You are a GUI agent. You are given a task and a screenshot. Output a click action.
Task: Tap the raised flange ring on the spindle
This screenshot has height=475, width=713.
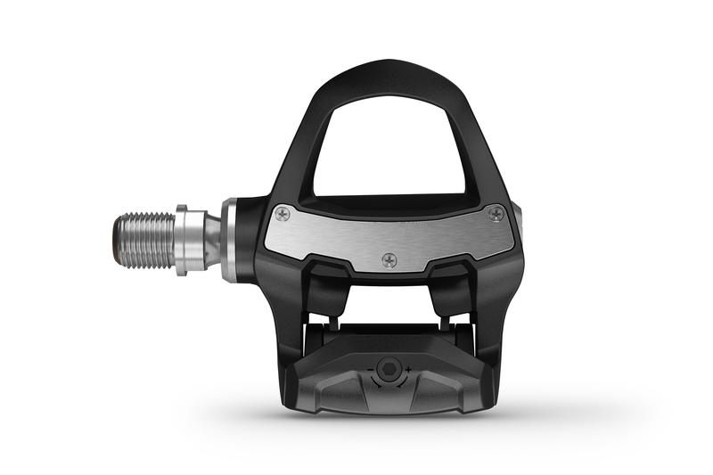[181, 240]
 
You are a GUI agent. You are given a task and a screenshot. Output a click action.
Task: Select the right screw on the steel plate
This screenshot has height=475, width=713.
[496, 212]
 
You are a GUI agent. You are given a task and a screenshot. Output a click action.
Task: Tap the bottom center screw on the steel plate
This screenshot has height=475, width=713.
[389, 260]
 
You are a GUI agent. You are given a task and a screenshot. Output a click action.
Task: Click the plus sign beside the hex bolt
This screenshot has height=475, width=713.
[409, 369]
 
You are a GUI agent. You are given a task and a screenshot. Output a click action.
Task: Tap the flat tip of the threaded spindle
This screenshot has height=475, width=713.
[117, 241]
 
